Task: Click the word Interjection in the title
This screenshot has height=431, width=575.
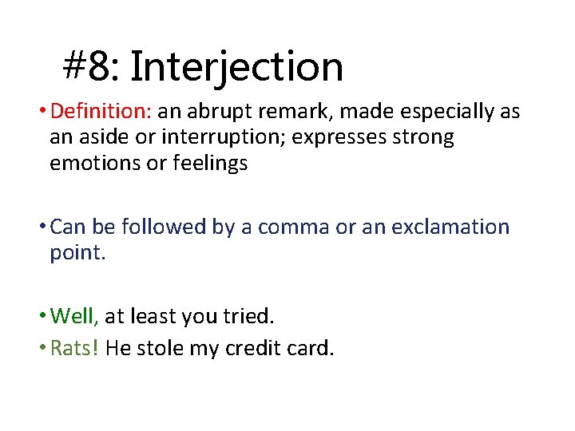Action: (x=236, y=66)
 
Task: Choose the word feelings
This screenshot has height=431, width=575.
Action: (x=210, y=163)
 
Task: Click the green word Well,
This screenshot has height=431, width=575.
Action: (x=74, y=316)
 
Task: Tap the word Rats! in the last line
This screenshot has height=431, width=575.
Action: (x=74, y=348)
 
